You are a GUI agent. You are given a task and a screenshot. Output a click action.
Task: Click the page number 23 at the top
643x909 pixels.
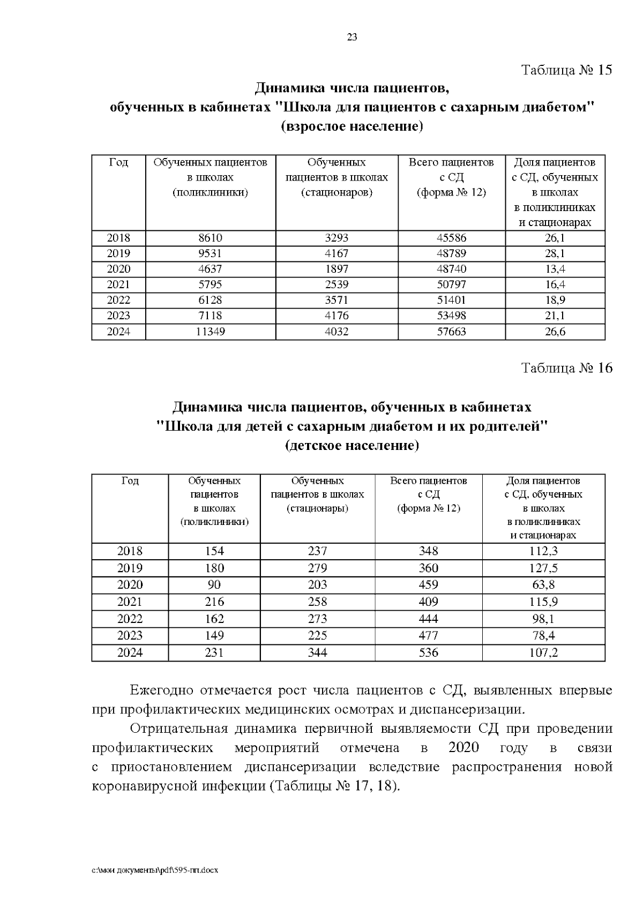pos(352,37)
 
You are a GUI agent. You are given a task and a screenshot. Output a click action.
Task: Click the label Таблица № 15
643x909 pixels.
pos(566,70)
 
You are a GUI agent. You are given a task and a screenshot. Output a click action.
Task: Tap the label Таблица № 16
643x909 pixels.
pos(566,368)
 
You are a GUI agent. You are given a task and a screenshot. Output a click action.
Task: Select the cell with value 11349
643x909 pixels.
pos(210,332)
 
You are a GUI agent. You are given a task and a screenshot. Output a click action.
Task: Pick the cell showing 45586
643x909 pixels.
pos(451,238)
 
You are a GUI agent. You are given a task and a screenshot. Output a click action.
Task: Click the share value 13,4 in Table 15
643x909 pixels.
pos(555,269)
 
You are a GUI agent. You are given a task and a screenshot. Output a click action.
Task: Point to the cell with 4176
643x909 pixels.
pos(337,316)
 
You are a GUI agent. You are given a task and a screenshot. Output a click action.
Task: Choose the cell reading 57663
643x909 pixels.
pos(451,332)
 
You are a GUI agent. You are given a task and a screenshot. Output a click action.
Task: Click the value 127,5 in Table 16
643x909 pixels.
pos(543,568)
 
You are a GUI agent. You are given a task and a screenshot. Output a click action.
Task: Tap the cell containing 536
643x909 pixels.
pos(428,652)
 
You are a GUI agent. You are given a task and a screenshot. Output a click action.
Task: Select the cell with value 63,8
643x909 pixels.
pos(543,584)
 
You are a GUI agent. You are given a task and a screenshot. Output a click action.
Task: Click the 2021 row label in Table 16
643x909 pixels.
pos(130,602)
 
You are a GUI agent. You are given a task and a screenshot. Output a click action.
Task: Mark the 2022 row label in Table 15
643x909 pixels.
pos(118,300)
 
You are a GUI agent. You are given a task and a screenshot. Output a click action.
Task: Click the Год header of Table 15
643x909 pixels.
pos(118,162)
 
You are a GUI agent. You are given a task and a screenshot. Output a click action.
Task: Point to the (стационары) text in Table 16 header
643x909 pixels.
pos(317,508)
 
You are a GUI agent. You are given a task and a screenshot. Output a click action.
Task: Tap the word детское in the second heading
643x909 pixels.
pos(315,446)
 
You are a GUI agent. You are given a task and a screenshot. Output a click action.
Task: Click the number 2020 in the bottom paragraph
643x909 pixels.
pos(464,747)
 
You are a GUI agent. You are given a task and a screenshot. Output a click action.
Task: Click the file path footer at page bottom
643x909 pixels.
pos(155,870)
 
